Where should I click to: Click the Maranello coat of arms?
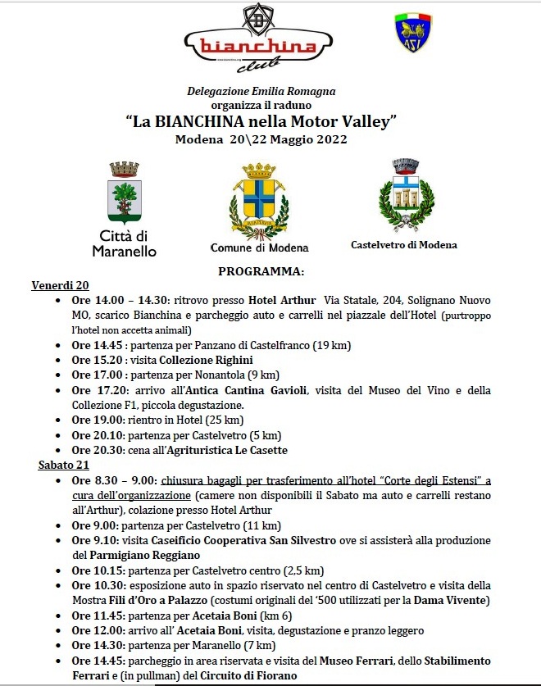point(125,193)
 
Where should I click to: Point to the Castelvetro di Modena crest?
point(405,193)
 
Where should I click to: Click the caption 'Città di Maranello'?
point(125,244)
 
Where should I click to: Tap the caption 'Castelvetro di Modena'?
point(404,244)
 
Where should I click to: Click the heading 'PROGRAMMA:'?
point(261,270)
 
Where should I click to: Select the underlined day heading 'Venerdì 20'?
point(60,285)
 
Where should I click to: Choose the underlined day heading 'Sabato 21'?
point(61,465)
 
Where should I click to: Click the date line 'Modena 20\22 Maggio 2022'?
point(261,139)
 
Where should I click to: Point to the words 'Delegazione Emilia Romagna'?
point(261,92)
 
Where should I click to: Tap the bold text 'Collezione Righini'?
point(206,360)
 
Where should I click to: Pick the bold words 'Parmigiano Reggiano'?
point(125,556)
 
